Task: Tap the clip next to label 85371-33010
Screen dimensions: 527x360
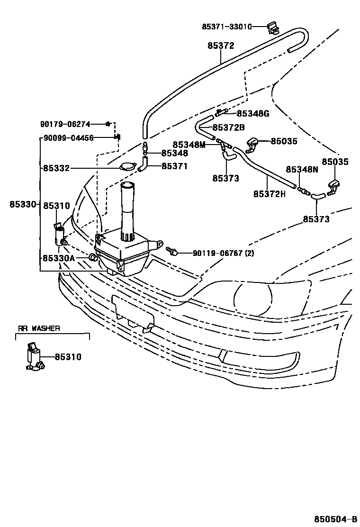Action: (x=272, y=28)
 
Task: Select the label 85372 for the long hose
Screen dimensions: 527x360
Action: (x=220, y=46)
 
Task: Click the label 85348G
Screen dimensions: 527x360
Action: (x=252, y=113)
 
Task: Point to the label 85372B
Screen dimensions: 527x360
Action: (x=228, y=127)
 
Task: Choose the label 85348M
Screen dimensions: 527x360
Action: (x=189, y=145)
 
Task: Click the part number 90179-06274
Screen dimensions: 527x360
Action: (x=65, y=124)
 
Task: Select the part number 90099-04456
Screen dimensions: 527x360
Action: (x=68, y=138)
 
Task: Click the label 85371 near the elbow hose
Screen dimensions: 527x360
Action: (x=174, y=166)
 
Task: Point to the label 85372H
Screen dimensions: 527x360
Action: (x=269, y=194)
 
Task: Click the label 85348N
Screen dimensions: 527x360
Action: (x=302, y=169)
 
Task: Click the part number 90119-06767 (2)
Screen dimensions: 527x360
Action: (x=223, y=253)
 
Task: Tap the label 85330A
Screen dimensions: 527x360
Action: (x=59, y=258)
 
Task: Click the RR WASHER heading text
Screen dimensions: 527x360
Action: (x=39, y=328)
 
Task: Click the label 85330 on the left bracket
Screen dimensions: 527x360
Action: (x=23, y=204)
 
